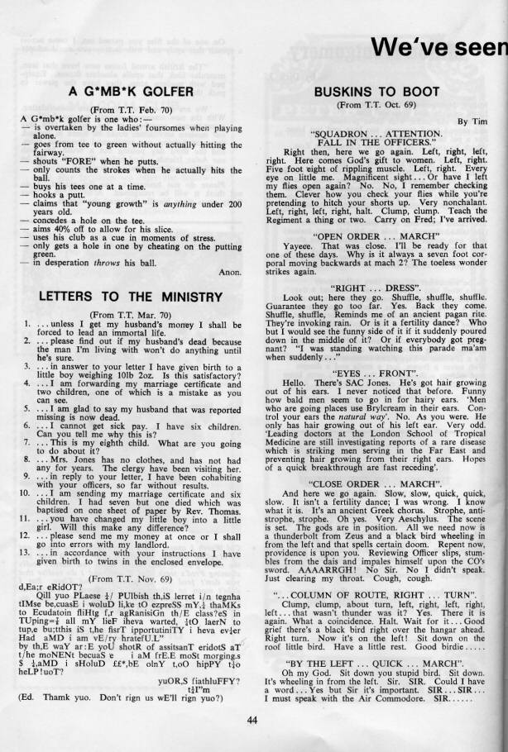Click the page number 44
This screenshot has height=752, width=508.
click(x=254, y=718)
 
